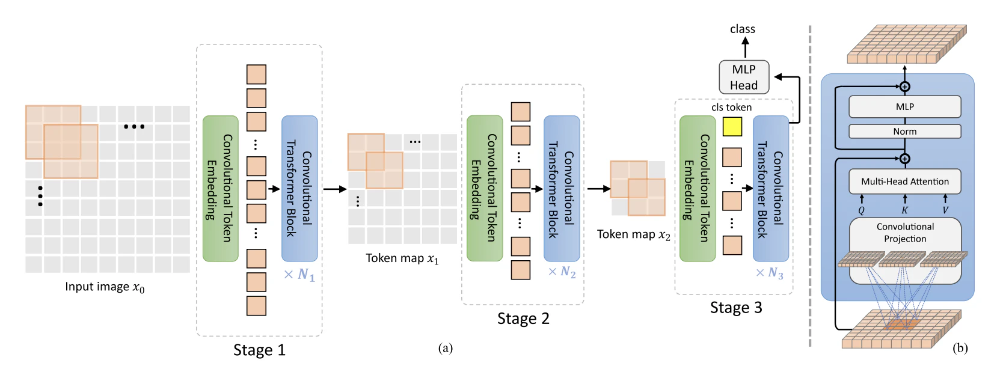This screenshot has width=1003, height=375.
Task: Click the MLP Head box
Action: pyautogui.click(x=744, y=78)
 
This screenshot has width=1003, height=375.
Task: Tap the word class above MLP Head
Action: pyautogui.click(x=743, y=29)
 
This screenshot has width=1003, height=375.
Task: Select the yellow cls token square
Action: pyautogui.click(x=732, y=126)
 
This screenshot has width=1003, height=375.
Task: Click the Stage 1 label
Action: pyautogui.click(x=259, y=350)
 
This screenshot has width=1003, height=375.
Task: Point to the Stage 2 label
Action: pyautogui.click(x=523, y=319)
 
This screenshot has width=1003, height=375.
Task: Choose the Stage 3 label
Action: pyautogui.click(x=736, y=308)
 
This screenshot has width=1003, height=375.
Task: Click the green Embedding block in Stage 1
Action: pyautogui.click(x=220, y=188)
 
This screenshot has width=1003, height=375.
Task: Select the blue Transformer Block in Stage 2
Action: pyautogui.click(x=562, y=188)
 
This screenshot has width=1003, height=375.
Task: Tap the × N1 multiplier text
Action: pyautogui.click(x=299, y=275)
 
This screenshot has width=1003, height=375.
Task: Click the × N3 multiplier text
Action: pyautogui.click(x=770, y=273)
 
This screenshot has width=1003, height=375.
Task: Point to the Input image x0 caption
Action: pyautogui.click(x=105, y=287)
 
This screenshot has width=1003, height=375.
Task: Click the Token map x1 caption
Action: pyautogui.click(x=402, y=258)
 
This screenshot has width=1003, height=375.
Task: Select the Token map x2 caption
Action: pyautogui.click(x=633, y=234)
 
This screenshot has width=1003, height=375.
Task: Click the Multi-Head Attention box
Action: pyautogui.click(x=904, y=181)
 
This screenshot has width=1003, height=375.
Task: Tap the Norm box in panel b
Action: pyautogui.click(x=904, y=132)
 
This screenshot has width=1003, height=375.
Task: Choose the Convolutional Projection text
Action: pyautogui.click(x=905, y=233)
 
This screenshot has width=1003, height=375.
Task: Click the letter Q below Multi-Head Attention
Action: pyautogui.click(x=861, y=210)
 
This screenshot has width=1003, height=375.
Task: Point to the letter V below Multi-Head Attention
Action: pyautogui.click(x=945, y=210)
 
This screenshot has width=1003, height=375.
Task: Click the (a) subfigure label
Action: pyautogui.click(x=446, y=348)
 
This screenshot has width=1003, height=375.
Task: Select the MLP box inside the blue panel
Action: pyautogui.click(x=904, y=107)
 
